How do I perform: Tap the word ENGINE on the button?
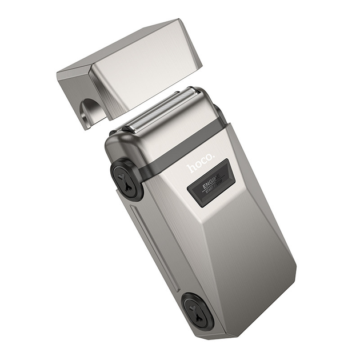pos(208,182)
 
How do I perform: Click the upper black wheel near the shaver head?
pos(126,179)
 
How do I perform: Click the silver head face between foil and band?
pos(171,129)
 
